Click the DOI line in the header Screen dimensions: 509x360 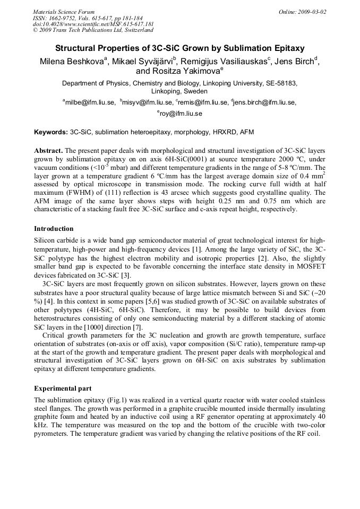tap(93, 24)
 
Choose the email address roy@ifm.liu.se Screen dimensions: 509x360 tap(181, 113)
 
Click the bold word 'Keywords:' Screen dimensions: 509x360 tap(52, 132)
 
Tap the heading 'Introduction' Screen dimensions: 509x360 tap(54, 229)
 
